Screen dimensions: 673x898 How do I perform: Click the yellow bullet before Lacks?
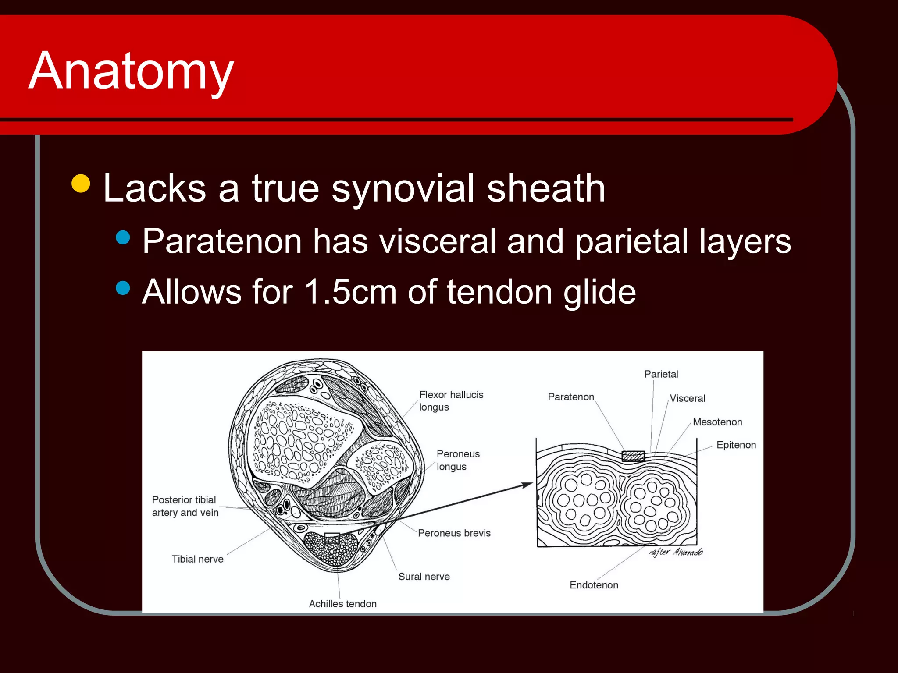click(81, 184)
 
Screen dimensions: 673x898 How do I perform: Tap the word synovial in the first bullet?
click(403, 188)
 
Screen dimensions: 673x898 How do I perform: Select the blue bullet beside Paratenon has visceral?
click(123, 237)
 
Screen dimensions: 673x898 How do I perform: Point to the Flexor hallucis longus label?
click(451, 400)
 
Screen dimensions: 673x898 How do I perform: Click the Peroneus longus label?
click(458, 460)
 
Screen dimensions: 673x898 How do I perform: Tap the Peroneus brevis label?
click(454, 533)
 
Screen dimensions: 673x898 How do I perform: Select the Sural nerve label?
click(424, 577)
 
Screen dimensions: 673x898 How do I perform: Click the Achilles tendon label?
click(342, 604)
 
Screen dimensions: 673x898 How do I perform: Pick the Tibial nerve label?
click(197, 559)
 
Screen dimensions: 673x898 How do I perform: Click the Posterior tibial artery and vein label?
click(185, 506)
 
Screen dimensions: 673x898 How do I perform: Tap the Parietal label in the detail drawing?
click(661, 374)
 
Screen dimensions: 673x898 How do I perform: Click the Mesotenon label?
click(717, 422)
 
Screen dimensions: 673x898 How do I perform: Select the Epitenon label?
click(736, 445)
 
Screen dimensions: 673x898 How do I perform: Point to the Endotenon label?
click(594, 585)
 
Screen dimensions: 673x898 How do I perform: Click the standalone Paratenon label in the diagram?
click(571, 397)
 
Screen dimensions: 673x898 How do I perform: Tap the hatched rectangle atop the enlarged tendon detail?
click(633, 457)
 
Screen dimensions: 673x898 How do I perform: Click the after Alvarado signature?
click(676, 552)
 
